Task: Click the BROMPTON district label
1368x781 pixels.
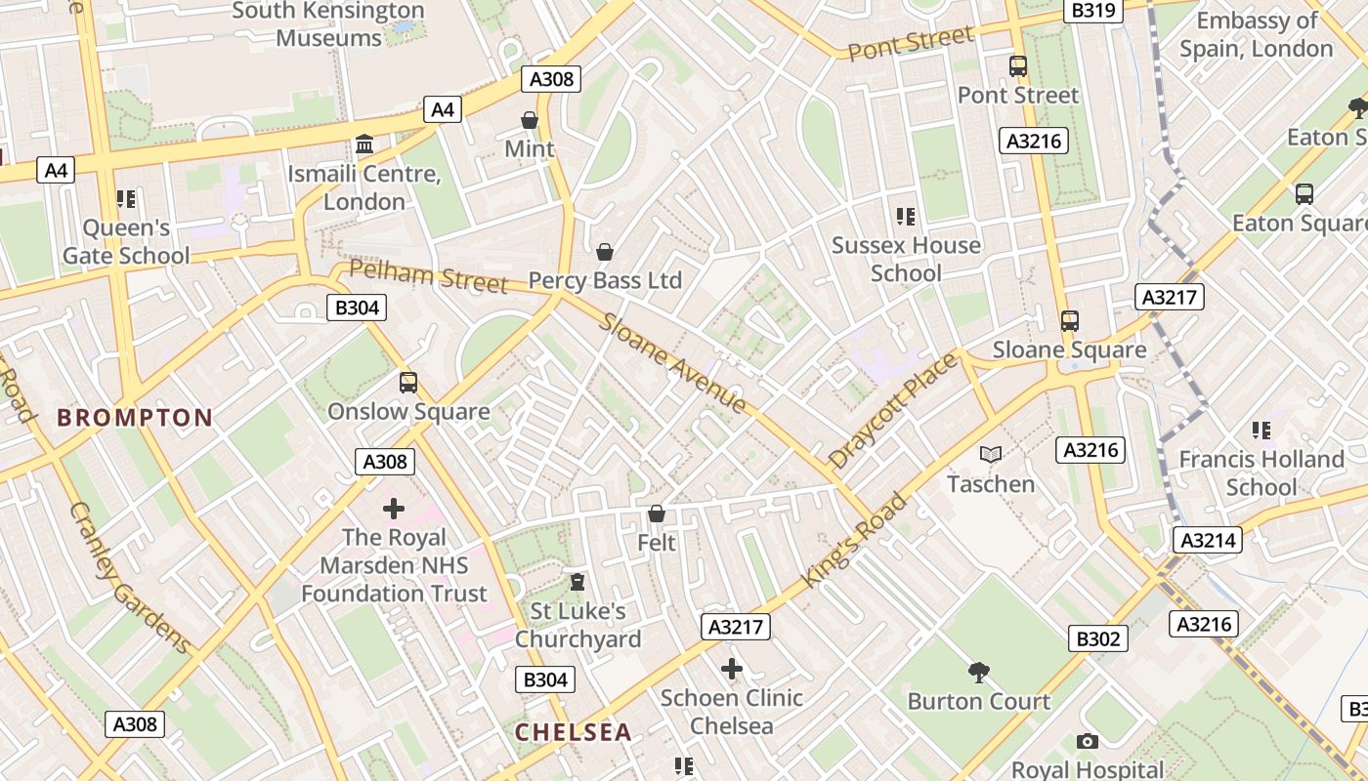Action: click(135, 418)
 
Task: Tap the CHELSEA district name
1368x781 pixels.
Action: click(573, 732)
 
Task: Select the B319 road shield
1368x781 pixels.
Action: click(1092, 10)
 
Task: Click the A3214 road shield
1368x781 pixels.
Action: click(1209, 540)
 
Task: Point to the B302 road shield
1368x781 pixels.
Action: click(1097, 638)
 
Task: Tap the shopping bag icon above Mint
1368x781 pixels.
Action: click(530, 120)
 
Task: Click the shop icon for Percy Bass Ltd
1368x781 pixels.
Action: click(605, 252)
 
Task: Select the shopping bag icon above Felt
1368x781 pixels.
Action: click(657, 514)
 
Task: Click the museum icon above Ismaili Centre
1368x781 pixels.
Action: click(364, 144)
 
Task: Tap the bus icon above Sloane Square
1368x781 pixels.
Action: click(1070, 320)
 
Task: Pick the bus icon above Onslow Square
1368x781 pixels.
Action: click(408, 383)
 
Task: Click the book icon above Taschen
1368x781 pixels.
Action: click(991, 455)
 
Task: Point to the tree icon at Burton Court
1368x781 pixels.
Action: click(978, 672)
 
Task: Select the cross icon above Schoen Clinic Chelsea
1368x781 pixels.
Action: click(731, 669)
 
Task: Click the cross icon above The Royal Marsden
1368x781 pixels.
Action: click(394, 509)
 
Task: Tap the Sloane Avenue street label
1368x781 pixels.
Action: click(673, 362)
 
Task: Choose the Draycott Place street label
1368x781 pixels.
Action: click(893, 410)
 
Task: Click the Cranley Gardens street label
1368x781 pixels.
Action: click(130, 577)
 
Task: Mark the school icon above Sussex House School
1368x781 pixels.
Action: click(905, 216)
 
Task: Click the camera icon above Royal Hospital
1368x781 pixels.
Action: click(1087, 742)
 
